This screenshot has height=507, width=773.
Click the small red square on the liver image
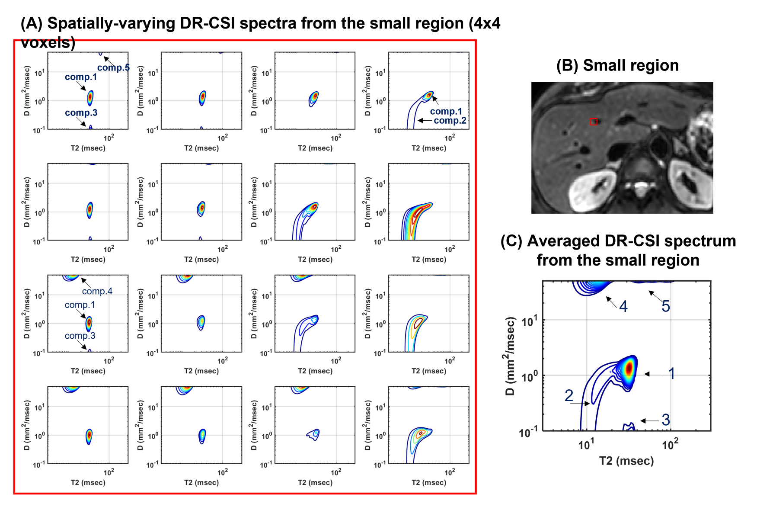tap(594, 122)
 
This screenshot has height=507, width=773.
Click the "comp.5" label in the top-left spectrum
tap(113, 67)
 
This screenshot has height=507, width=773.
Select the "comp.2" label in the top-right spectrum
tap(450, 121)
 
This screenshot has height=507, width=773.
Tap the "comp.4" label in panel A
tap(97, 291)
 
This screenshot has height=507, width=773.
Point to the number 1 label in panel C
tap(671, 373)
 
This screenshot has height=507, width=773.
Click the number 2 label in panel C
tap(569, 395)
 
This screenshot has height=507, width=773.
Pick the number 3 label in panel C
tap(666, 420)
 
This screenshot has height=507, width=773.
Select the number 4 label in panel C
tap(623, 306)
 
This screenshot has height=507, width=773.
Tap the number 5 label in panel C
tap(666, 306)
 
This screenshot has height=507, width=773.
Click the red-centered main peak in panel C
tap(629, 368)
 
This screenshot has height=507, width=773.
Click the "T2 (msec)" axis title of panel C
tap(626, 461)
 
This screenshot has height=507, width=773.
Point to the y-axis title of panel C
tap(511, 356)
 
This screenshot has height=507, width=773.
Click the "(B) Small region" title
tap(617, 65)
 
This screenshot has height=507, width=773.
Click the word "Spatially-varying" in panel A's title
tap(110, 23)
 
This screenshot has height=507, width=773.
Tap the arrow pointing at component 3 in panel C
tap(649, 420)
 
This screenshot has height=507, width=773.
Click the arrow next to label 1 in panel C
tap(653, 374)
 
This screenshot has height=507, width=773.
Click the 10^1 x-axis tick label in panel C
tap(586, 444)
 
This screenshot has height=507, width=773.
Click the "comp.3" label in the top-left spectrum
tap(81, 113)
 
